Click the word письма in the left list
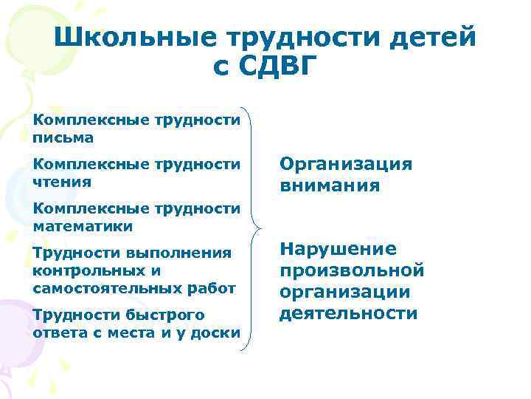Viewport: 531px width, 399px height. click(63, 137)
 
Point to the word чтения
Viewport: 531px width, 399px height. click(63, 181)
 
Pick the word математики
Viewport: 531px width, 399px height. click(83, 225)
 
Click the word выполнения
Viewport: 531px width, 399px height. click(180, 253)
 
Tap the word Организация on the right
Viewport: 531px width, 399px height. click(346, 164)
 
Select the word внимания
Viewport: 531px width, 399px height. click(330, 185)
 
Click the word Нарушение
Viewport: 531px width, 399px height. click(338, 249)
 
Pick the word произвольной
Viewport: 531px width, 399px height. click(351, 270)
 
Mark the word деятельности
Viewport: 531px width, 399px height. click(348, 313)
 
